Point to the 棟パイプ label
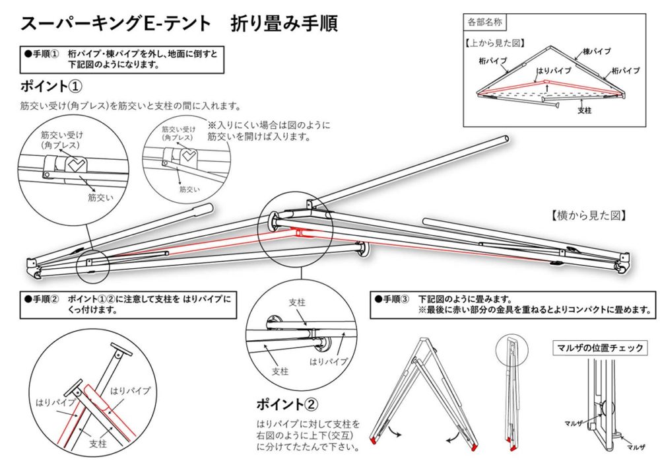pyautogui.click(x=597, y=51)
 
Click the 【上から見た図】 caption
pyautogui.click(x=494, y=42)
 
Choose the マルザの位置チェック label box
pyautogui.click(x=599, y=348)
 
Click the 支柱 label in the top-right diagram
pyautogui.click(x=584, y=110)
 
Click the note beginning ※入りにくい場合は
pyautogui.click(x=268, y=131)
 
